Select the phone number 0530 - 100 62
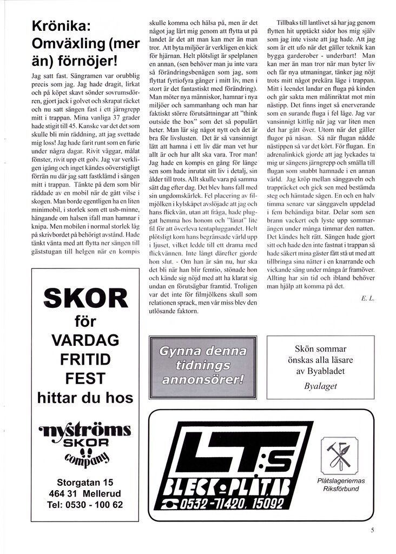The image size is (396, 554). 85,505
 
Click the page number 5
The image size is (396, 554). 372,530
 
